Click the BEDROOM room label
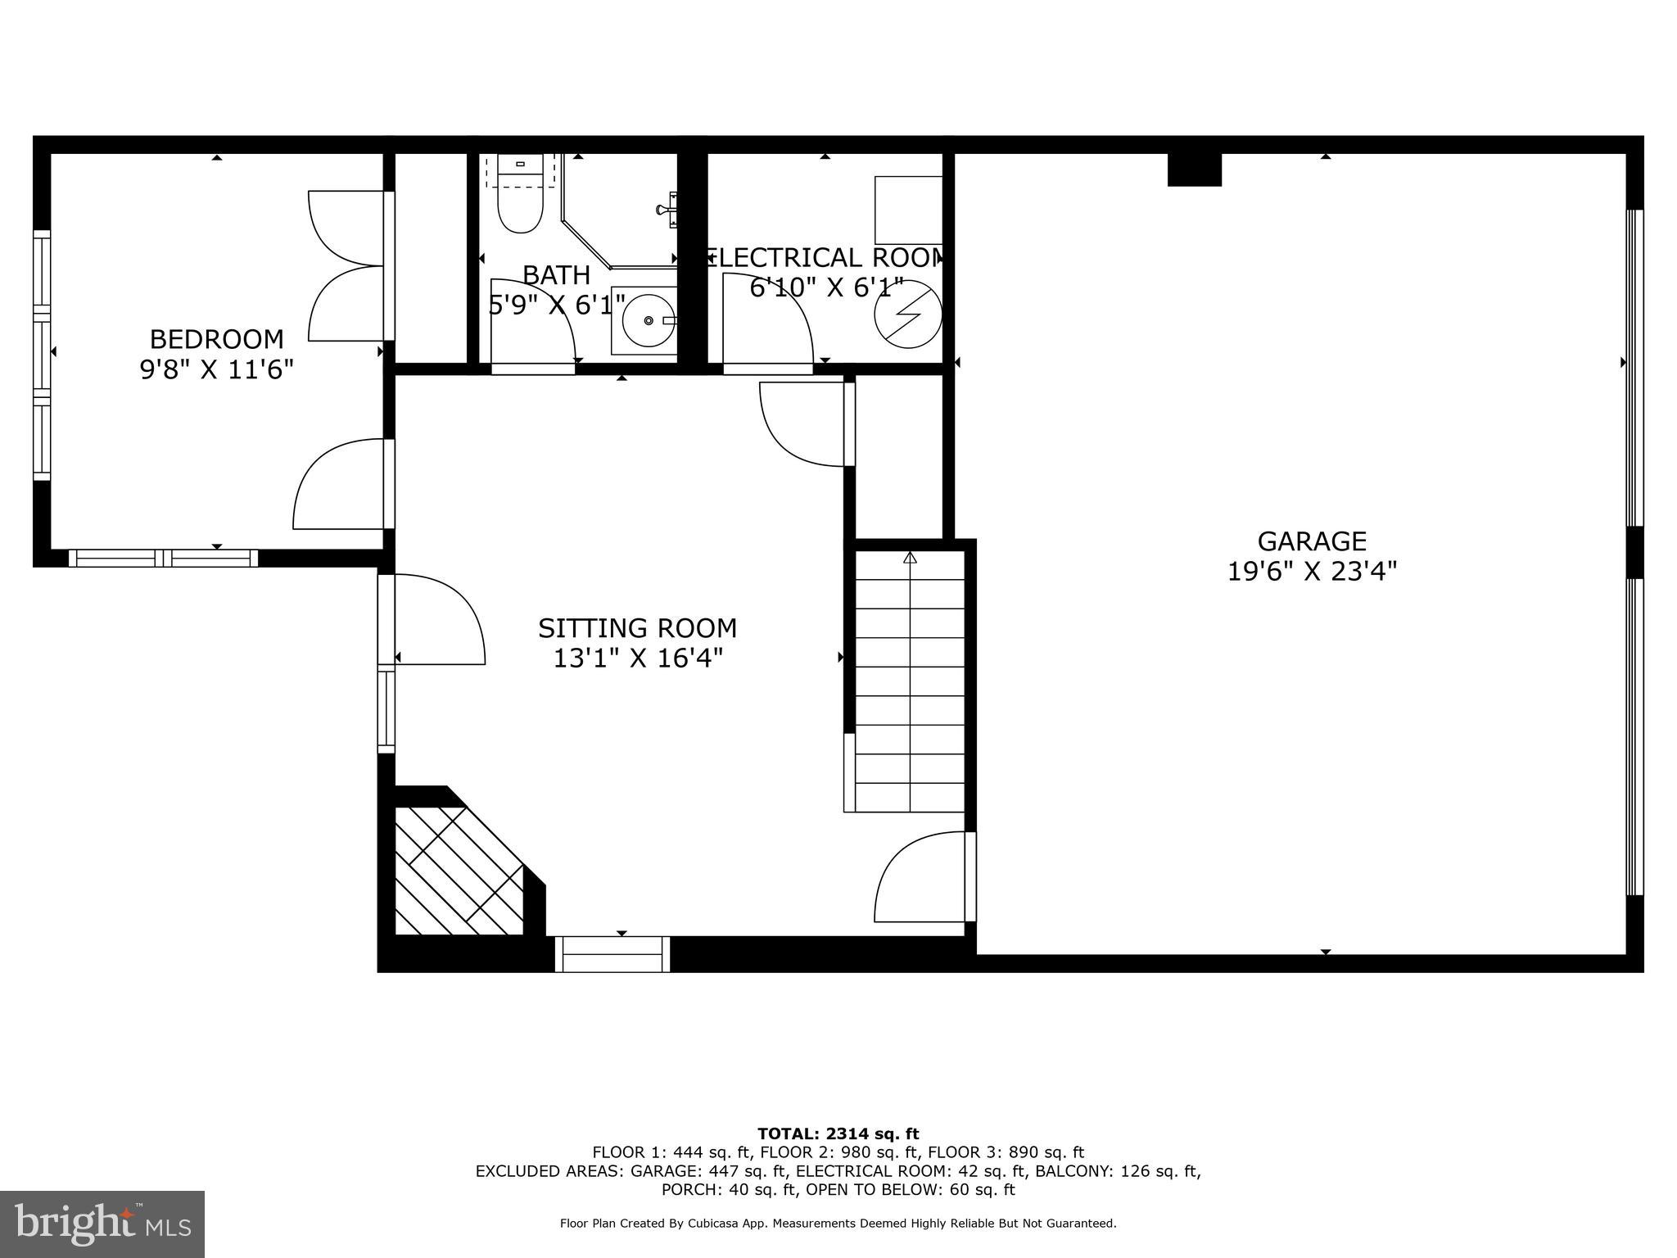pos(216,339)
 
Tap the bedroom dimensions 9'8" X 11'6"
pos(216,369)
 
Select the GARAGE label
pos(1312,541)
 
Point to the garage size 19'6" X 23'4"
pos(1312,571)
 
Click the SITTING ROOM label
pos(637,628)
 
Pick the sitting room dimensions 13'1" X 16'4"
pos(637,658)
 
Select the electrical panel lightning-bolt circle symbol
pos(907,314)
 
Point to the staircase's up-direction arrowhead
pos(910,559)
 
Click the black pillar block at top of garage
pos(1194,170)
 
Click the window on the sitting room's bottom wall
pos(612,954)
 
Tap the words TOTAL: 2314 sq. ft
pos(838,1134)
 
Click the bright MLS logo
pos(102,1224)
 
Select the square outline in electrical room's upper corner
pos(908,210)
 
